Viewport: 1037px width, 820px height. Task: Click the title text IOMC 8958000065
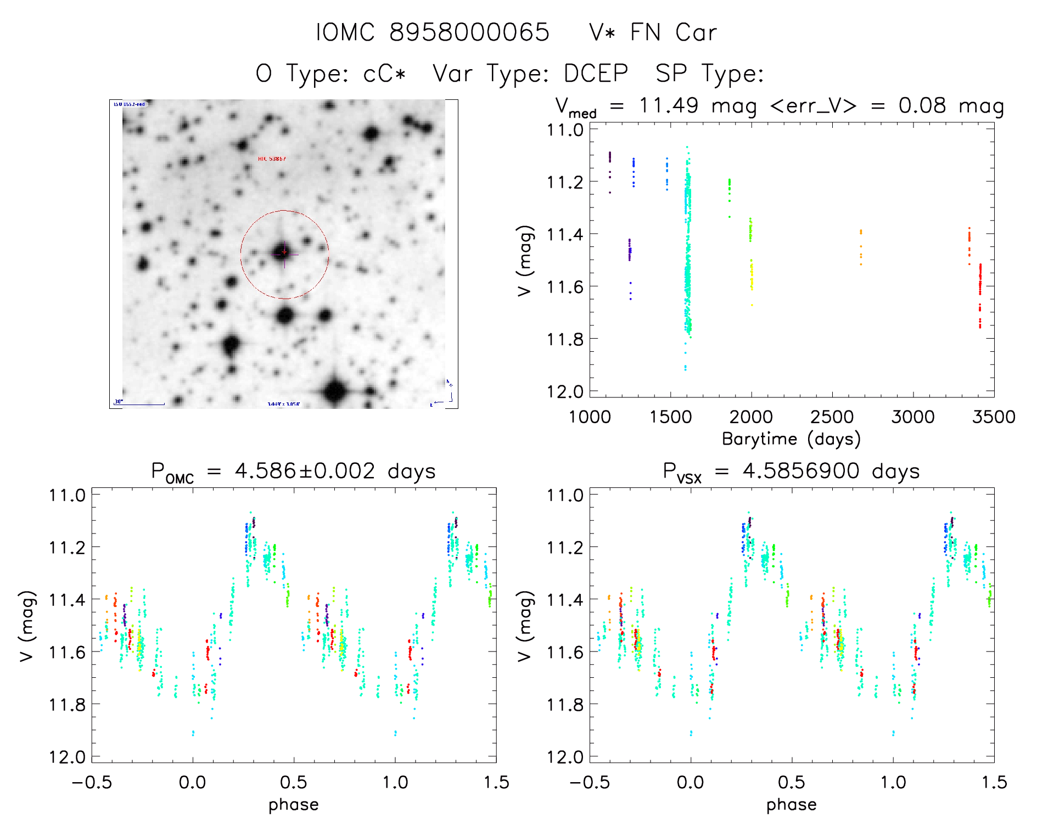coord(433,32)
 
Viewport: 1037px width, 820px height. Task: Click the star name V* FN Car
coord(653,32)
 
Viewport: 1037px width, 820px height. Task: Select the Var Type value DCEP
coord(596,73)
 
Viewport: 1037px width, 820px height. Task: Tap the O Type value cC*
coord(384,73)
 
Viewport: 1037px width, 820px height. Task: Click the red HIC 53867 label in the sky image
coord(272,159)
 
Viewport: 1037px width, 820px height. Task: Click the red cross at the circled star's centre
coord(284,252)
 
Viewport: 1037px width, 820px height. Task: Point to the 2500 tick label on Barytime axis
coord(832,417)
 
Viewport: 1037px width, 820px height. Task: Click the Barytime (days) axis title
coord(791,439)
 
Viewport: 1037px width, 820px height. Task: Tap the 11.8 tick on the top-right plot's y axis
coord(564,339)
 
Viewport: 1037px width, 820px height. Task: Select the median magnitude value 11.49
coord(669,105)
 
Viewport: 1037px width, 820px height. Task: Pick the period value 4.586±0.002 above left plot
coord(305,471)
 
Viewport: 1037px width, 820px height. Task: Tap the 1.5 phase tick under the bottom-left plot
coord(496,782)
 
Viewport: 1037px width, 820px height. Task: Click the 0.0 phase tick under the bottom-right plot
coord(691,782)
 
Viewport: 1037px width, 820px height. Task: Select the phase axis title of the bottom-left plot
coord(294,805)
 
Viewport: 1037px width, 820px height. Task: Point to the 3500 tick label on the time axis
coord(994,417)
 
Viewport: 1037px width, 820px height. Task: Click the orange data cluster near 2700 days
coord(861,247)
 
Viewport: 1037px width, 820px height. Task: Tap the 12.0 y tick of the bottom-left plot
coord(67,757)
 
